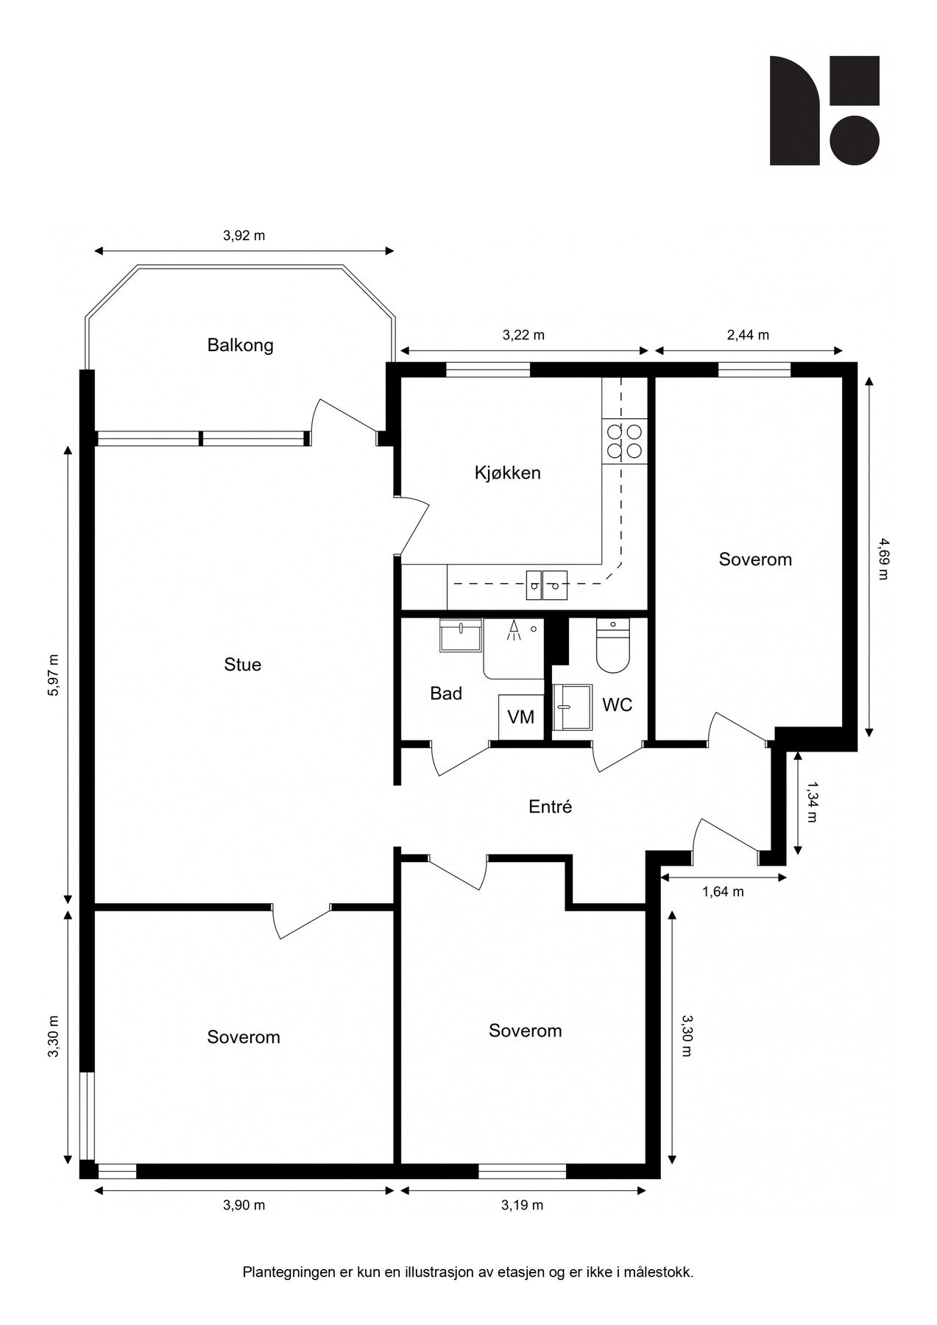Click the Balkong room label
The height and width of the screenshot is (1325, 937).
point(240,344)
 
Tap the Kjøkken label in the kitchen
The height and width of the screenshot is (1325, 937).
point(507,473)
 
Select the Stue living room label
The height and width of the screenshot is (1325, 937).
point(242,665)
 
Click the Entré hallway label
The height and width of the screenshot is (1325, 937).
point(550,807)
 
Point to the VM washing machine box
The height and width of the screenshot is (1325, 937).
point(520,716)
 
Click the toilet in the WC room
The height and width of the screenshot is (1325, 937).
point(613,646)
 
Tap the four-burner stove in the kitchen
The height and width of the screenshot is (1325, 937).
point(623,441)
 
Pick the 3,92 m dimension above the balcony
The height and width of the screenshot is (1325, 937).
point(244,236)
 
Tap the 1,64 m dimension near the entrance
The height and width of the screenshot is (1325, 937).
point(723,892)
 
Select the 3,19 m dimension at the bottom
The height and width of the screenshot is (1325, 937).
point(522,1205)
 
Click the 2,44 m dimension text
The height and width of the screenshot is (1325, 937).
point(748,335)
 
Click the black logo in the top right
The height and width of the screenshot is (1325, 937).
point(824,110)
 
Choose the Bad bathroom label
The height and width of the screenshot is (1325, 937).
point(446,693)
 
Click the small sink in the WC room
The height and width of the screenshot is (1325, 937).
point(572,707)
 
